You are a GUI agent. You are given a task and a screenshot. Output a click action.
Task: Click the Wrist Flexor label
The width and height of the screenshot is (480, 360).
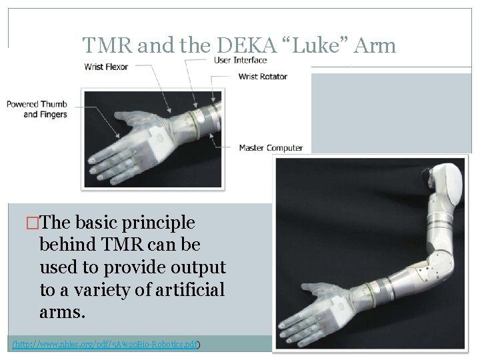(106, 67)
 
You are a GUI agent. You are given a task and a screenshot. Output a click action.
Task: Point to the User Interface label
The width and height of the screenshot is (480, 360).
(240, 61)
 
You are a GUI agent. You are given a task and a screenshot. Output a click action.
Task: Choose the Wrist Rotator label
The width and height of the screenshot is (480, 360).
(263, 76)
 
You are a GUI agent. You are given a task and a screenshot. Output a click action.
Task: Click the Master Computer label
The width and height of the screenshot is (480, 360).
(271, 148)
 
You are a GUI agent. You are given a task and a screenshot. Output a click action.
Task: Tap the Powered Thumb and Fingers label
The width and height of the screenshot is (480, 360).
(37, 109)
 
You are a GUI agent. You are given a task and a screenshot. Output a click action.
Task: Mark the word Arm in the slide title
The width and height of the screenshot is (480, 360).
(377, 45)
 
